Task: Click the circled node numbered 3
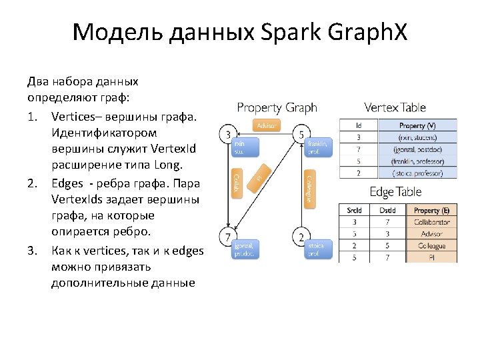tap(228, 134)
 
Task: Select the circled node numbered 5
tap(301, 135)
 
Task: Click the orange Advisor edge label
tap(266, 125)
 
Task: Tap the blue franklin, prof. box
tap(317, 147)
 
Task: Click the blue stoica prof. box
tap(316, 249)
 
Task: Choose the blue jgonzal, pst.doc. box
tap(244, 249)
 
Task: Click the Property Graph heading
tap(277, 107)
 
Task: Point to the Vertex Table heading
tap(395, 107)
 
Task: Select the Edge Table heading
tap(395, 192)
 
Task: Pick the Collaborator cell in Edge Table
tap(431, 222)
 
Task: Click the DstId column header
tap(387, 210)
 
